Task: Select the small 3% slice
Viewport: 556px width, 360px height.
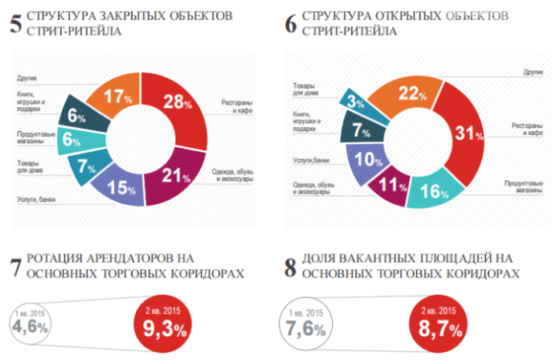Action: click(354, 101)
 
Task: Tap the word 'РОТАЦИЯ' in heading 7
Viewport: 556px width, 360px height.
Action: click(58, 259)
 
